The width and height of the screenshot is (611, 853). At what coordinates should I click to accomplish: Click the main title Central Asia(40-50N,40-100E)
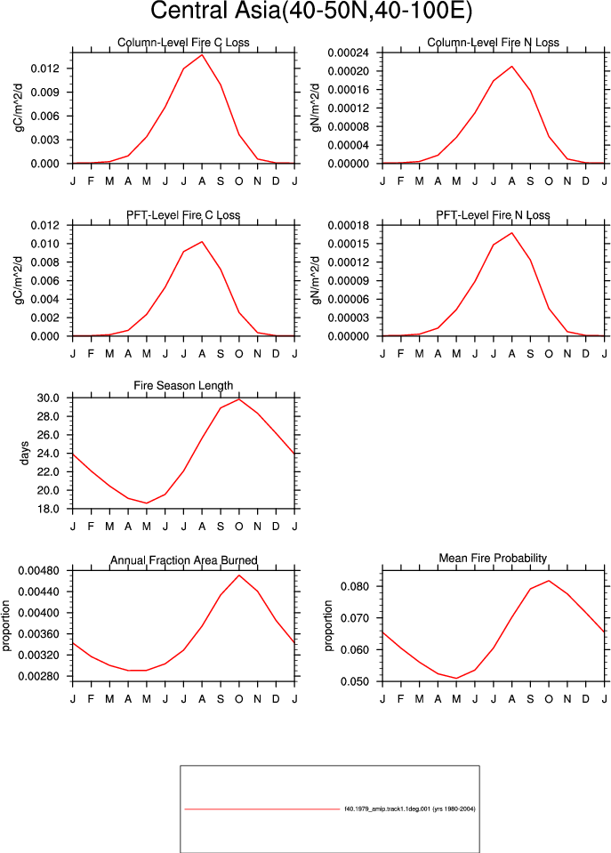pos(311,11)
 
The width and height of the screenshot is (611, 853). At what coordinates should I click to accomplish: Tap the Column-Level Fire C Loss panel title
pos(183,43)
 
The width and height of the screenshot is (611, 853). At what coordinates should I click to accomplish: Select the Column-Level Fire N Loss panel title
pos(493,43)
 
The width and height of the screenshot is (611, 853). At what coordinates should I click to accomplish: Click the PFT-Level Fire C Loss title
pos(183,215)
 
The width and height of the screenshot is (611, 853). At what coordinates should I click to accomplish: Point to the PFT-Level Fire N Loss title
pos(493,215)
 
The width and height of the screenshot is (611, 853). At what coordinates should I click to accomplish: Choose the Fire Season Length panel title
pos(183,386)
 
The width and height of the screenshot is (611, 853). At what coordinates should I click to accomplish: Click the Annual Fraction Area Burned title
pos(184,560)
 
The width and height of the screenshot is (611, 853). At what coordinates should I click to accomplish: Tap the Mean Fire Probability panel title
pos(493,559)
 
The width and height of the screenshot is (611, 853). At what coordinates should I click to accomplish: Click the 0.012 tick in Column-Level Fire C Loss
pos(44,68)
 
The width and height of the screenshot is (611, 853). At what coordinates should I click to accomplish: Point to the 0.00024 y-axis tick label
pos(349,52)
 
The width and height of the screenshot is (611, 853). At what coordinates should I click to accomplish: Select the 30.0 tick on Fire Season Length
pos(48,398)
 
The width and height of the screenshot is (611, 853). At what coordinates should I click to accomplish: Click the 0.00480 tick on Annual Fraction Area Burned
pos(38,571)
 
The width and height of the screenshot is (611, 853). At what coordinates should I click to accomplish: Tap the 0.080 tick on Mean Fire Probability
pos(355,586)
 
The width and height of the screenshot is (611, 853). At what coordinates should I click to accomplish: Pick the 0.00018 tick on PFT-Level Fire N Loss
pos(349,225)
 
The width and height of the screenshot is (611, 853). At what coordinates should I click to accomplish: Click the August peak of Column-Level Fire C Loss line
pos(202,54)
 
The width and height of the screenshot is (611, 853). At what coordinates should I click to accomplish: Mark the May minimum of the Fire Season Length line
pos(147,503)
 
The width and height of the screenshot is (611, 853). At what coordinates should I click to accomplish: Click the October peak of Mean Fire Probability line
pos(549,581)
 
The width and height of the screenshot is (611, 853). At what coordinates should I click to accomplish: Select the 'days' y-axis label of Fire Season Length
pos(25,453)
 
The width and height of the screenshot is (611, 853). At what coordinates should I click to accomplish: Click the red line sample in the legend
pos(261,809)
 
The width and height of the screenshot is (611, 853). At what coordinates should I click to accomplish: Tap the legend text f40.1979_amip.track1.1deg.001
pos(387,809)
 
